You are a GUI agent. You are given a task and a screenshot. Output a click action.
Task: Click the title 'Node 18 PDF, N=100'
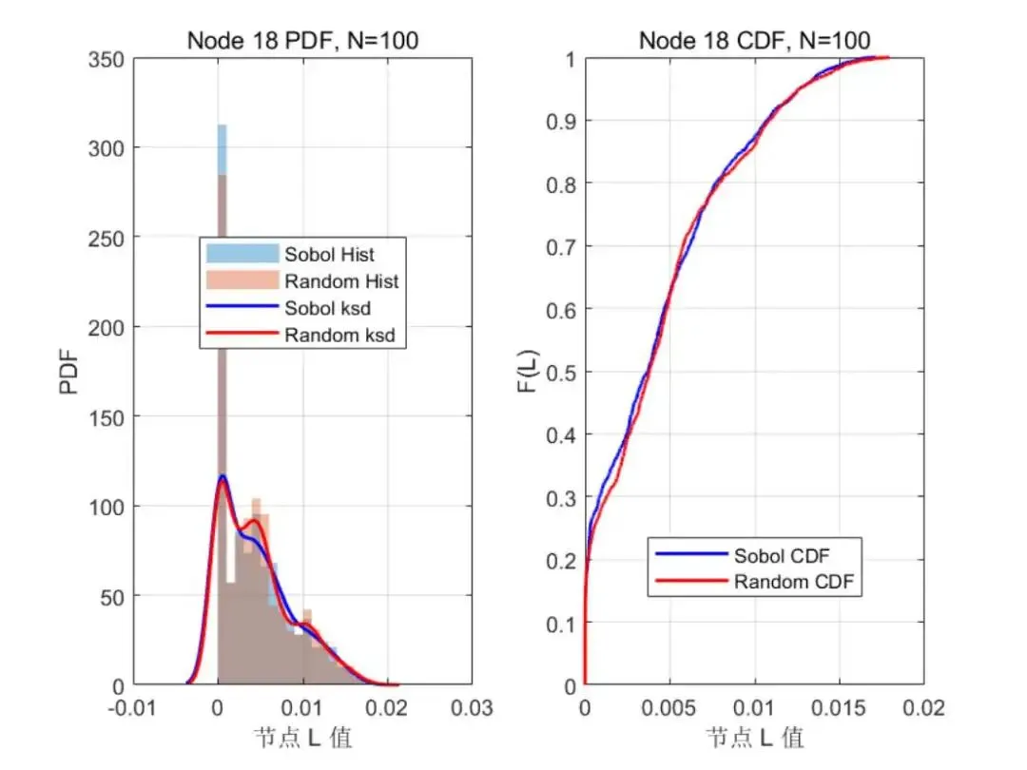pos(303,40)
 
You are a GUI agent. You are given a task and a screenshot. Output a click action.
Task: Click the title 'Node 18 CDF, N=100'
pos(754,40)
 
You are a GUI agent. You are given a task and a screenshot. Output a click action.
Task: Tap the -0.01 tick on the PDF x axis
pos(134,708)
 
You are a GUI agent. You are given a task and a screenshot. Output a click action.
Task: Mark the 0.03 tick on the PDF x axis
pos(473,708)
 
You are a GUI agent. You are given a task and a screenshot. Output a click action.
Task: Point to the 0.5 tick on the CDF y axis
pos(563,372)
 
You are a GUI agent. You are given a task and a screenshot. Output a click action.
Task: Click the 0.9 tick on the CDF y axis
pos(563,121)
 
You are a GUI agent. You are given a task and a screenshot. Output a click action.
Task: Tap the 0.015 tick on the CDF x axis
pos(840,708)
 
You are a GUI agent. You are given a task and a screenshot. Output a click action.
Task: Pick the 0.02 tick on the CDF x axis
pos(924,708)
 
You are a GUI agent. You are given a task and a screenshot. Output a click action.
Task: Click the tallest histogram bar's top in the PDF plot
pos(222,125)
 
